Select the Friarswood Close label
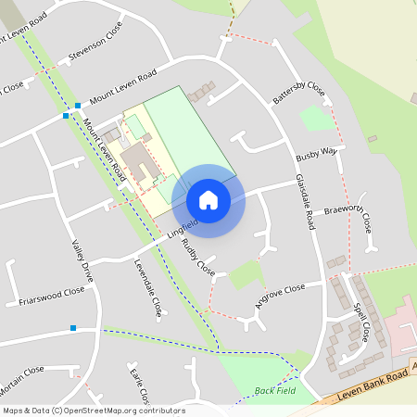click(51, 296)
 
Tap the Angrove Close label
click(280, 297)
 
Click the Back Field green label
click(273, 391)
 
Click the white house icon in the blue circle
click(208, 200)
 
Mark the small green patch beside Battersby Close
click(316, 118)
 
